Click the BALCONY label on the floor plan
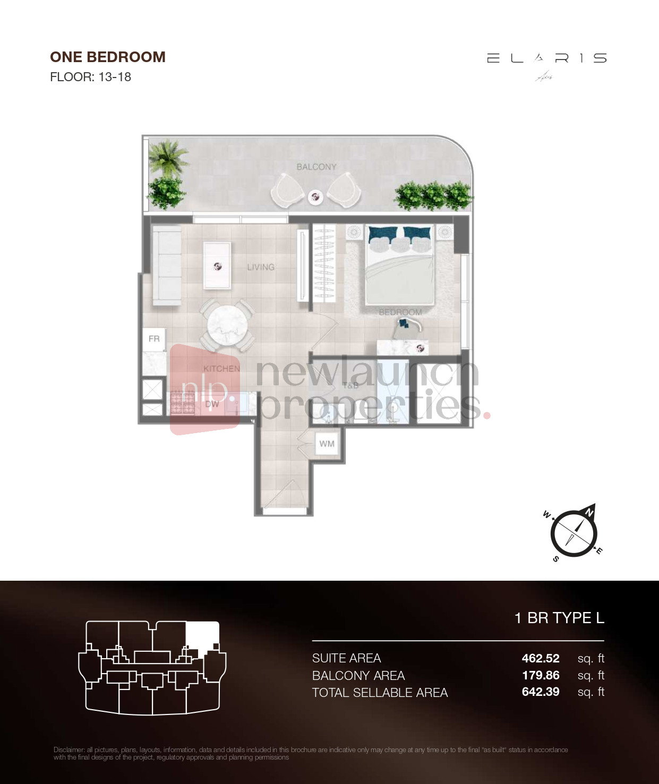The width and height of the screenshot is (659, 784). click(x=316, y=167)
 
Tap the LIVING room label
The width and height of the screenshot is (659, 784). click(x=261, y=267)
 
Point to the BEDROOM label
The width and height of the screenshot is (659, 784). click(x=400, y=312)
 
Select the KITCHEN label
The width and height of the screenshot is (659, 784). click(x=221, y=368)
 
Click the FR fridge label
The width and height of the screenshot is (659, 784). click(x=154, y=339)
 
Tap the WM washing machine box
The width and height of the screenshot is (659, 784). click(x=327, y=444)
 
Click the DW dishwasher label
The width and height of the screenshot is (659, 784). click(x=212, y=404)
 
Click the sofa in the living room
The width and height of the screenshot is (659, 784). click(x=167, y=265)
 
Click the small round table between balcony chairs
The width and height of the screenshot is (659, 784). click(x=315, y=197)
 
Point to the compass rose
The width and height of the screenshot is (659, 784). click(x=574, y=532)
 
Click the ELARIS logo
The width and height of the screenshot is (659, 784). click(x=546, y=59)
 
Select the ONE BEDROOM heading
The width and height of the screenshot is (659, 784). click(x=108, y=57)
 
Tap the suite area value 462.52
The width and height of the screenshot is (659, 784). click(x=541, y=658)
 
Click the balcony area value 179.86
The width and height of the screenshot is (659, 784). click(x=541, y=675)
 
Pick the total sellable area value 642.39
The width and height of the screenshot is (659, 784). click(x=541, y=692)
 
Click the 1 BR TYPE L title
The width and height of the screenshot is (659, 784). click(x=559, y=618)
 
